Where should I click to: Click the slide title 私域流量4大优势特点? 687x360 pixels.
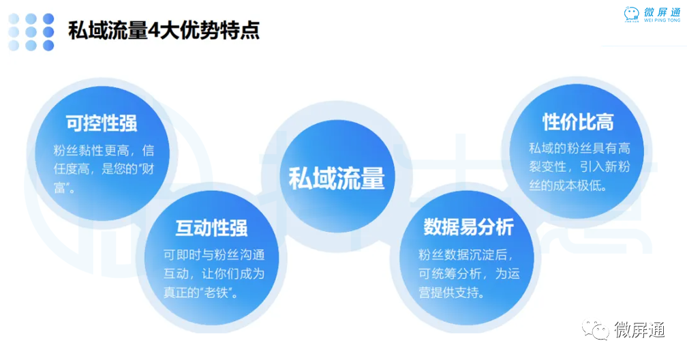164,30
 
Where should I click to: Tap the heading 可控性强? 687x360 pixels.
102,123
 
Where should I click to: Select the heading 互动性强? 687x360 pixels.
211,228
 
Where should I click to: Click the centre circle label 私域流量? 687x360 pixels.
337,178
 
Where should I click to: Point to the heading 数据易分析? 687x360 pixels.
468,226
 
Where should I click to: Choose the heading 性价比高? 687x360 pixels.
579,122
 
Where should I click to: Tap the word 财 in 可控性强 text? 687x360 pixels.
148,169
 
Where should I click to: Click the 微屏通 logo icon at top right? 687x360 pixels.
631,14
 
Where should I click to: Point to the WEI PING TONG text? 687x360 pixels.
662,20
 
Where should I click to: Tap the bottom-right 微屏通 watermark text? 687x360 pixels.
639,330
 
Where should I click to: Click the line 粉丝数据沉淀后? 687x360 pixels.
465,255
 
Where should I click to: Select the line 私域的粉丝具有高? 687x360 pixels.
579,148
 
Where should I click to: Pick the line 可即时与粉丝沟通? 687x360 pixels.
214,255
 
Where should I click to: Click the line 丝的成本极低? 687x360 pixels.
568,185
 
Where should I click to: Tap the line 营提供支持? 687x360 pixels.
451,292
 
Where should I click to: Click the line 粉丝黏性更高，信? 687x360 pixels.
104,151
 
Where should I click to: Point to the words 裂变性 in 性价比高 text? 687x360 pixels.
548,166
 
